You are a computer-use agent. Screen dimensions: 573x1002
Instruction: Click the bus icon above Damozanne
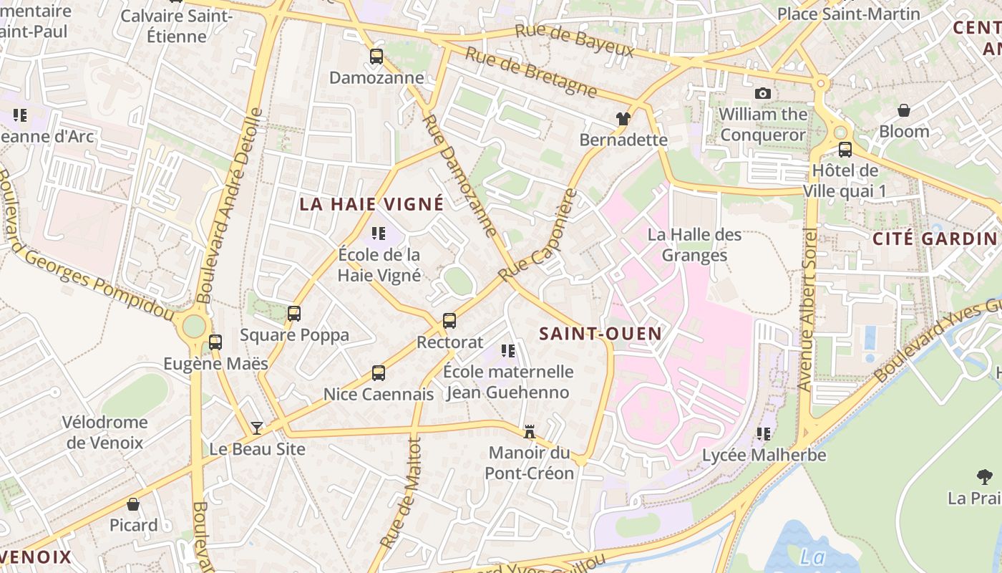tap(376, 57)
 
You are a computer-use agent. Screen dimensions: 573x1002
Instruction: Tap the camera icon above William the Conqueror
tap(763, 93)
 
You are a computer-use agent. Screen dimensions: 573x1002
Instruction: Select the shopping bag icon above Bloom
tap(904, 110)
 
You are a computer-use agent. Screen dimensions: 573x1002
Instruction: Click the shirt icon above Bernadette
tap(623, 118)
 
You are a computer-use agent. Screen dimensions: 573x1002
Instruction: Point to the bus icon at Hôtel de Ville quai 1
tap(845, 150)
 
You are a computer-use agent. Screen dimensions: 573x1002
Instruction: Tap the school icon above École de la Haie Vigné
tap(379, 233)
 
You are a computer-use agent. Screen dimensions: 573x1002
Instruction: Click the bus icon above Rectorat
tap(449, 321)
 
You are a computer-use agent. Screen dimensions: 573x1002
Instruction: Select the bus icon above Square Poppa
tap(294, 313)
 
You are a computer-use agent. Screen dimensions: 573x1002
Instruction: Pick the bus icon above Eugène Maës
tap(215, 342)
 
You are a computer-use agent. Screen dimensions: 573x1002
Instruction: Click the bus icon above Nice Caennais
tap(379, 373)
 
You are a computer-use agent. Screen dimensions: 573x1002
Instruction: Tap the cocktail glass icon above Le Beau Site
tap(256, 428)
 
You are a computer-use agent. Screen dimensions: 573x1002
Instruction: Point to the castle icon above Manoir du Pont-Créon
tap(530, 432)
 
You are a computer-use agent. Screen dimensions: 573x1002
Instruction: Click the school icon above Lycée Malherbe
tap(764, 433)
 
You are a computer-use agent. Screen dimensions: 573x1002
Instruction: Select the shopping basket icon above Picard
tap(133, 504)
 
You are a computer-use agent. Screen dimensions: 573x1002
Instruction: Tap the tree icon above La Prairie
tap(985, 476)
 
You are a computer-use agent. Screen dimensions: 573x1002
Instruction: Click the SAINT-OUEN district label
tap(590, 333)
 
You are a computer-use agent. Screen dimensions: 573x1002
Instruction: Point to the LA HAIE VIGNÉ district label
tap(371, 204)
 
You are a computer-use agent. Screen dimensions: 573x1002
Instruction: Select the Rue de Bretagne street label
tap(531, 72)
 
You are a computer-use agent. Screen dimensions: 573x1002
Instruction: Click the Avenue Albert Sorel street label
tap(809, 310)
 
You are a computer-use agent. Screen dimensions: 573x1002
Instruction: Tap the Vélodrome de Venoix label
tap(105, 433)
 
